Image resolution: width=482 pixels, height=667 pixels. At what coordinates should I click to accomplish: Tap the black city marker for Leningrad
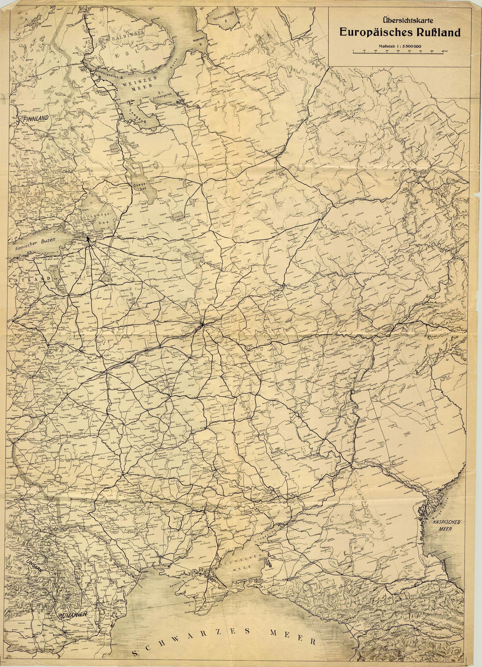88,238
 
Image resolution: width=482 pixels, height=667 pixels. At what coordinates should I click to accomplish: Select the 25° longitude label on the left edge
13,101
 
